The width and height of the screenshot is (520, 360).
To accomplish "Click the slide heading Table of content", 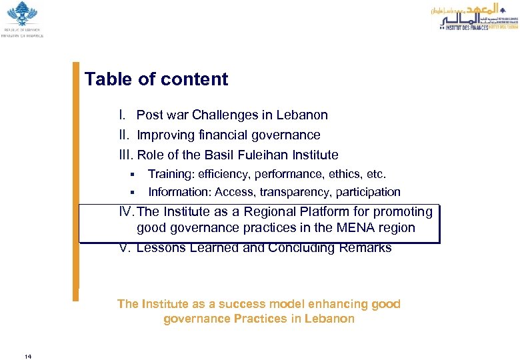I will click(156, 79).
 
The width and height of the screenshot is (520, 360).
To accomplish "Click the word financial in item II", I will click(217, 135).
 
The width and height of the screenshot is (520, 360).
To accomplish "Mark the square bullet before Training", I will click(133, 175).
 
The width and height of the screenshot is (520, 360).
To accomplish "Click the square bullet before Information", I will click(133, 193).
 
